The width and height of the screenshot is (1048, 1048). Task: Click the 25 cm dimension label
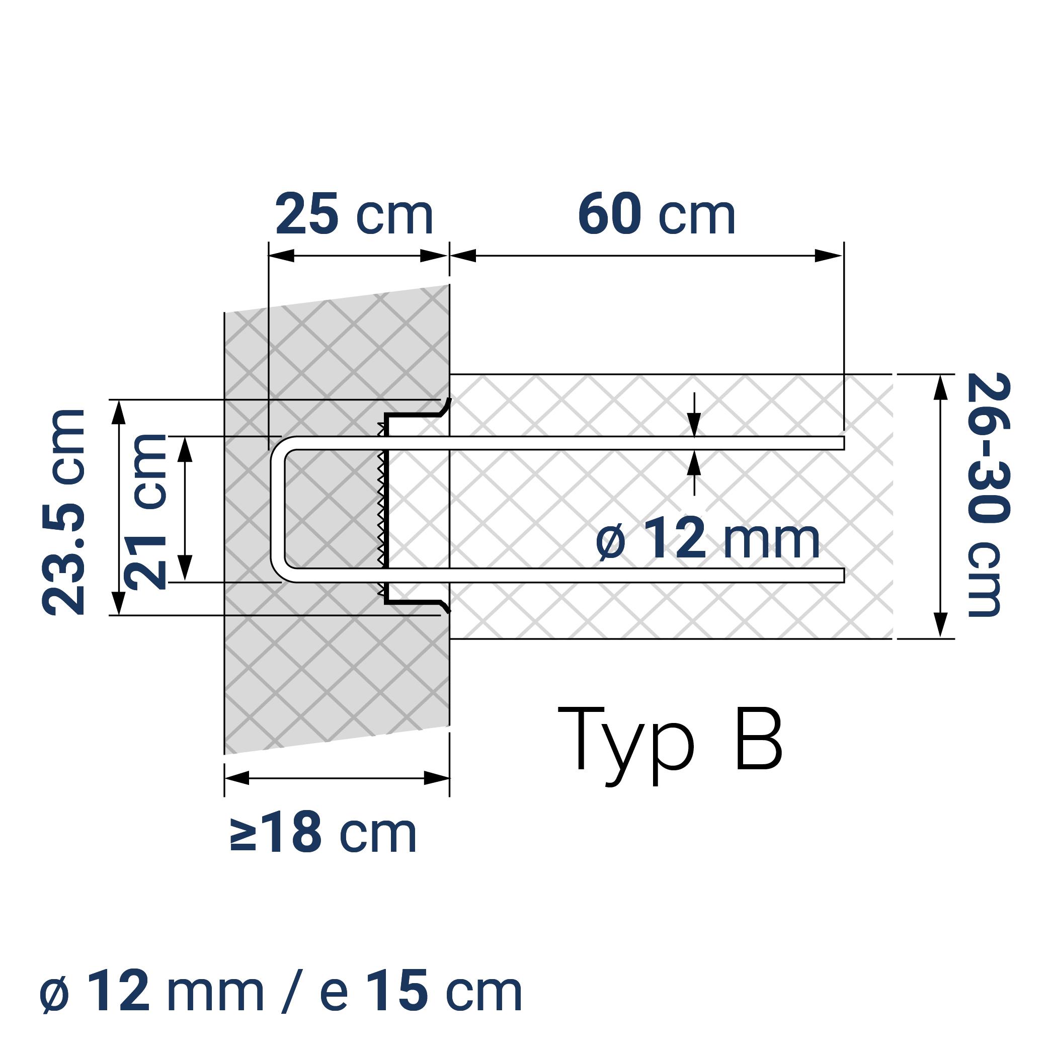point(354,215)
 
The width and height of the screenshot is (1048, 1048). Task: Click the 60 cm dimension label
point(657,215)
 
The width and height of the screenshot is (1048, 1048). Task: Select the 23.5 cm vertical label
point(64,513)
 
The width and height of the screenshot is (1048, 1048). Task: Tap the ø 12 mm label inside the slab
point(707,539)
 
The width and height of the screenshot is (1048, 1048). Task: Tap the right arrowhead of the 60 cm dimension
point(829,256)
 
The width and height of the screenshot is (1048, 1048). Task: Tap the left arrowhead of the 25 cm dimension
point(282,256)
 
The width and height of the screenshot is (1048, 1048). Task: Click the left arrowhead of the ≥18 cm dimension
point(237,778)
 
